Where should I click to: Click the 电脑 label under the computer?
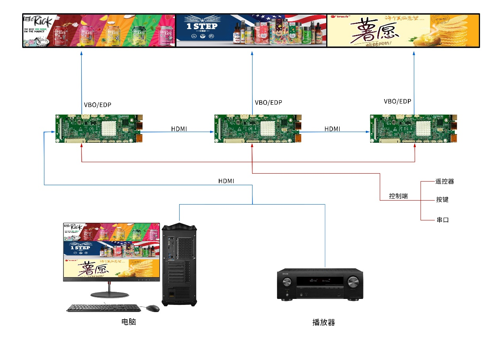click(x=128, y=322)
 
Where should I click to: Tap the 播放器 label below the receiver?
click(x=323, y=322)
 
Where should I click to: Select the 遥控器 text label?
click(x=444, y=182)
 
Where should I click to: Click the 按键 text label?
click(x=442, y=200)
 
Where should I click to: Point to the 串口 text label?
click(x=442, y=220)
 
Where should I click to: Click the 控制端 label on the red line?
click(x=398, y=196)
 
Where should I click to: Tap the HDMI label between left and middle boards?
click(x=179, y=129)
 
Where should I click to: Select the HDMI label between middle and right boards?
click(x=332, y=129)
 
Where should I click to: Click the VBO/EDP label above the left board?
click(x=98, y=105)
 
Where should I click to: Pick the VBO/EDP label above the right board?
click(x=398, y=101)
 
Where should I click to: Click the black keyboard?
click(x=103, y=308)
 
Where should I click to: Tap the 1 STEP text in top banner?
click(x=202, y=27)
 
